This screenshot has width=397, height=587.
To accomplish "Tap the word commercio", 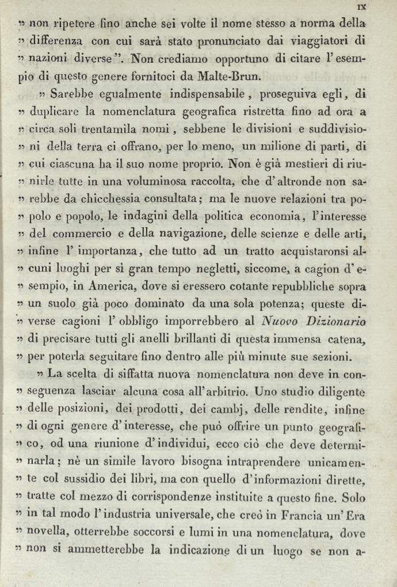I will pos(81,234).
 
